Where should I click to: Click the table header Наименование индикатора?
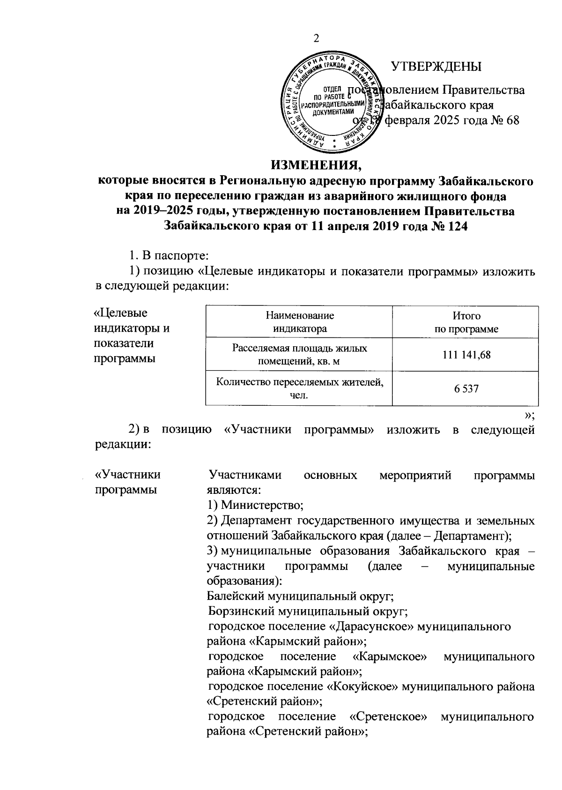(x=299, y=322)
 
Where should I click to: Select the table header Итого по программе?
(x=466, y=322)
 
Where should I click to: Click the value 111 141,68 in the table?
(x=466, y=355)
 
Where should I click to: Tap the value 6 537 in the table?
(x=466, y=388)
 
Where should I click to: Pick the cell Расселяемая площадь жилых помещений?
(x=299, y=355)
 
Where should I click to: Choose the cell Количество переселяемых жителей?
(x=299, y=388)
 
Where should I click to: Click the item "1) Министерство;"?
(x=256, y=505)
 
